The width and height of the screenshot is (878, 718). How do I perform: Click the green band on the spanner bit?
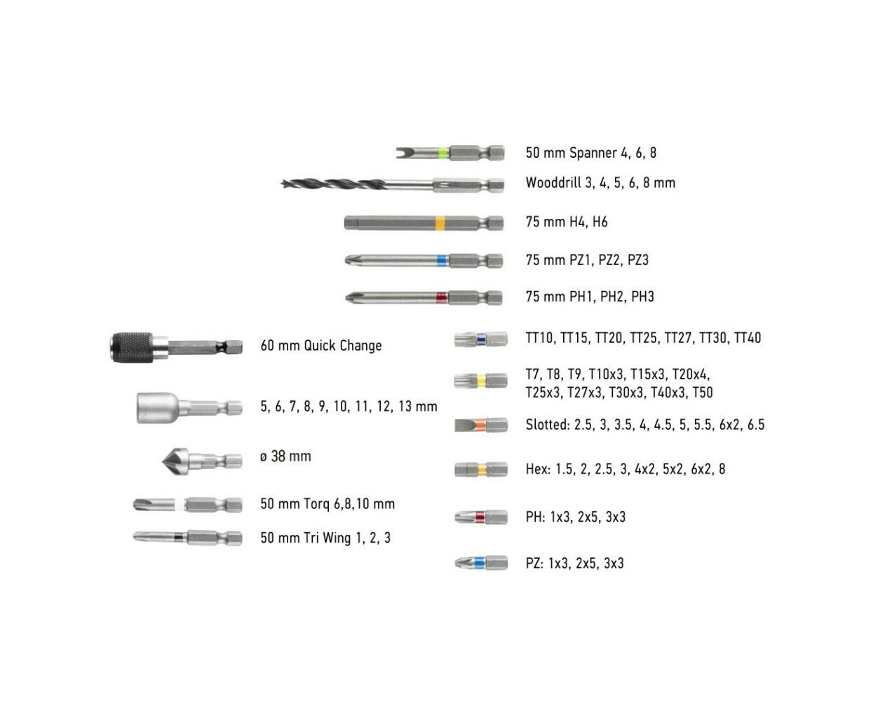pyautogui.click(x=444, y=153)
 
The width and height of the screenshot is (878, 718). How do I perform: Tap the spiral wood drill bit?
pyautogui.click(x=392, y=184)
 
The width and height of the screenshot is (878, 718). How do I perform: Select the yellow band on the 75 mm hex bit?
pyautogui.click(x=440, y=223)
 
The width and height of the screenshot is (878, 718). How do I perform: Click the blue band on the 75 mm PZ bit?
pyautogui.click(x=442, y=261)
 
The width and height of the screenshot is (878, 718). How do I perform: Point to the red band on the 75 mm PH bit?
pyautogui.click(x=441, y=297)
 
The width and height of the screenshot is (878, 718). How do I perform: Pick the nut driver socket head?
pyautogui.click(x=157, y=407)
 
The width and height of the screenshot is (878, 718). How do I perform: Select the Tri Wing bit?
pyautogui.click(x=187, y=537)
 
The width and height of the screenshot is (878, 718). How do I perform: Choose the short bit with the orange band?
pyautogui.click(x=481, y=424)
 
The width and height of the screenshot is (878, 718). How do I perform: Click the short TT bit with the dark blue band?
pyautogui.click(x=481, y=339)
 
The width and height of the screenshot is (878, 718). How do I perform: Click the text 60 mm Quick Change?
pyautogui.click(x=321, y=346)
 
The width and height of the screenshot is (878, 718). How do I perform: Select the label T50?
pyautogui.click(x=702, y=393)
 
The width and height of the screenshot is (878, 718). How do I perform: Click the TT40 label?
pyautogui.click(x=748, y=337)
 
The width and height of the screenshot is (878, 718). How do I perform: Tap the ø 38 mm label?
pyautogui.click(x=285, y=456)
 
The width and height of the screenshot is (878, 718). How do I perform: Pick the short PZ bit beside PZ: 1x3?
pyautogui.click(x=481, y=563)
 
